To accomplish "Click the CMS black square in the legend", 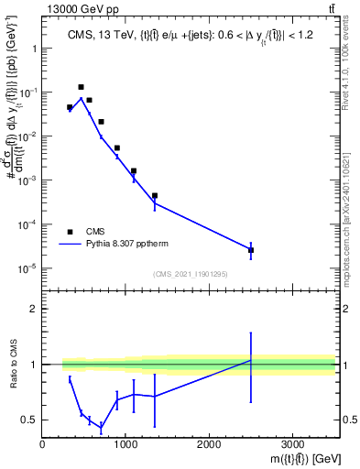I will pyautogui.click(x=70, y=232).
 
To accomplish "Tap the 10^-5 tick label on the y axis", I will pyautogui.click(x=26, y=268).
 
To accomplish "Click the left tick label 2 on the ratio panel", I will pyautogui.click(x=32, y=309).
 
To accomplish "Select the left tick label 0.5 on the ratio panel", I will pyautogui.click(x=28, y=420).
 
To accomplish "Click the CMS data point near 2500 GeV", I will pyautogui.click(x=251, y=250).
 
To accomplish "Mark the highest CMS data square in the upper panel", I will pyautogui.click(x=82, y=87).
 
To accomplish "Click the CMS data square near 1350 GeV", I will pyautogui.click(x=155, y=196).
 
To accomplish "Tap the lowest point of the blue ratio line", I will pyautogui.click(x=101, y=428).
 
